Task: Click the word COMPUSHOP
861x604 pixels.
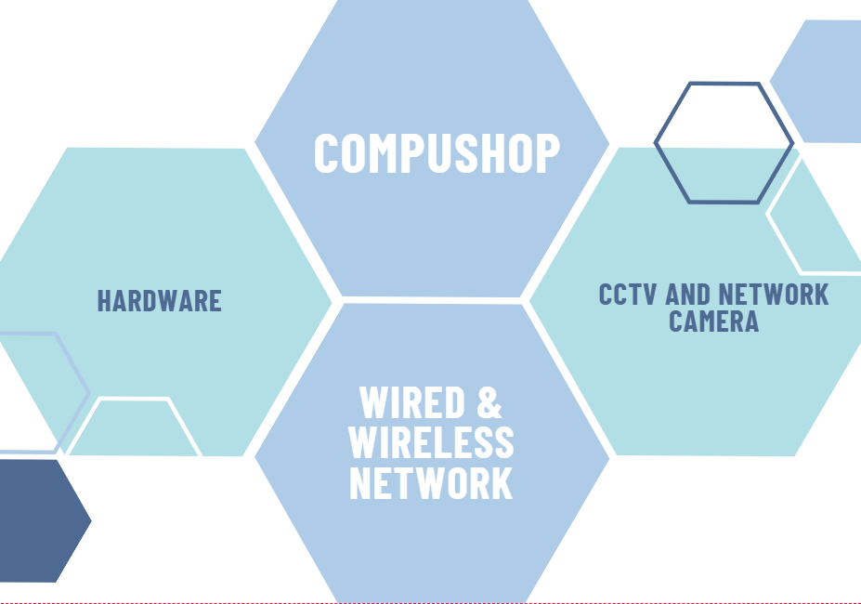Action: (437, 153)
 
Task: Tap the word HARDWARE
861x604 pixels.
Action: (160, 301)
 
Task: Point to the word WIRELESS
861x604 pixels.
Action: (431, 443)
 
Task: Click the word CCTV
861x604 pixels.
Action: (629, 295)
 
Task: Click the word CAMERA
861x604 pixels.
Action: (713, 322)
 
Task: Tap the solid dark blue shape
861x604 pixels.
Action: (37, 520)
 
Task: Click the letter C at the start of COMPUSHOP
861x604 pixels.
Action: (327, 153)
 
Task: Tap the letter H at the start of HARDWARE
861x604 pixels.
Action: (105, 301)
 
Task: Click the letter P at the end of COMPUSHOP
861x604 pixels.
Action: (547, 153)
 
